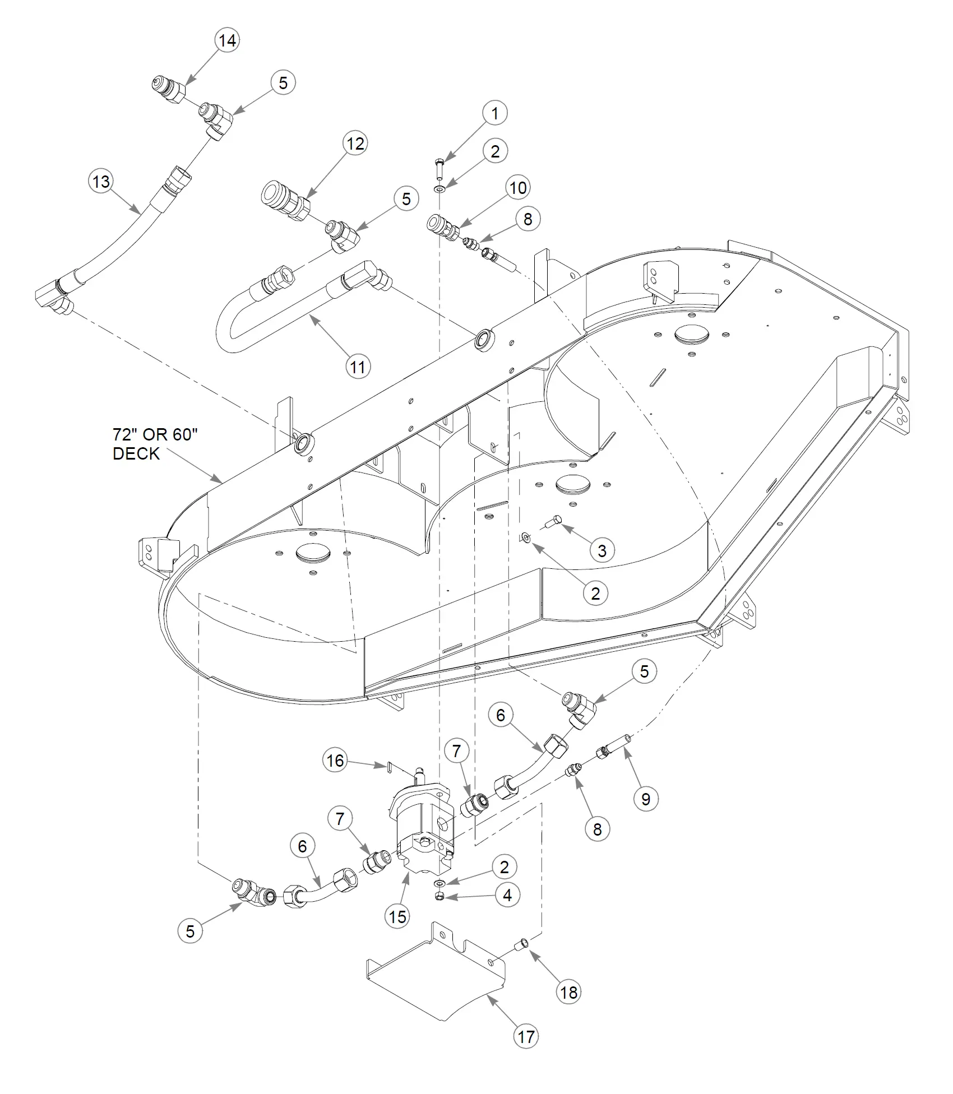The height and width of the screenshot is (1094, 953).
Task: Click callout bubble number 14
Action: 227,40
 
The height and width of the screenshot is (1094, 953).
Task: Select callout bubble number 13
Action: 101,182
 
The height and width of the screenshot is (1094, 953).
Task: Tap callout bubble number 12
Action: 355,143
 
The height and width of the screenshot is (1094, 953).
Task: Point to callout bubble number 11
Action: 358,367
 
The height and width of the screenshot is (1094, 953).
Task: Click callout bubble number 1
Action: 495,113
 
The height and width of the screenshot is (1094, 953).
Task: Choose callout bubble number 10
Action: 518,187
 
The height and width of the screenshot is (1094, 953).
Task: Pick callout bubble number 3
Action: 602,550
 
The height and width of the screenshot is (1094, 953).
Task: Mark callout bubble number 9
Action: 646,799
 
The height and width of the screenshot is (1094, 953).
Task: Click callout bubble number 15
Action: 397,916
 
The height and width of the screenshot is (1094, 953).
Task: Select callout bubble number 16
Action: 335,761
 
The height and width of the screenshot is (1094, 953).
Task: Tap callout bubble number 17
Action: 526,1036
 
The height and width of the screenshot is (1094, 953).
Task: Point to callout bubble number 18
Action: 568,993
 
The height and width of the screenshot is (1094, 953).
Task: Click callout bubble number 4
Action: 507,895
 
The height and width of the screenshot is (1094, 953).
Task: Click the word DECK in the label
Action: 136,453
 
